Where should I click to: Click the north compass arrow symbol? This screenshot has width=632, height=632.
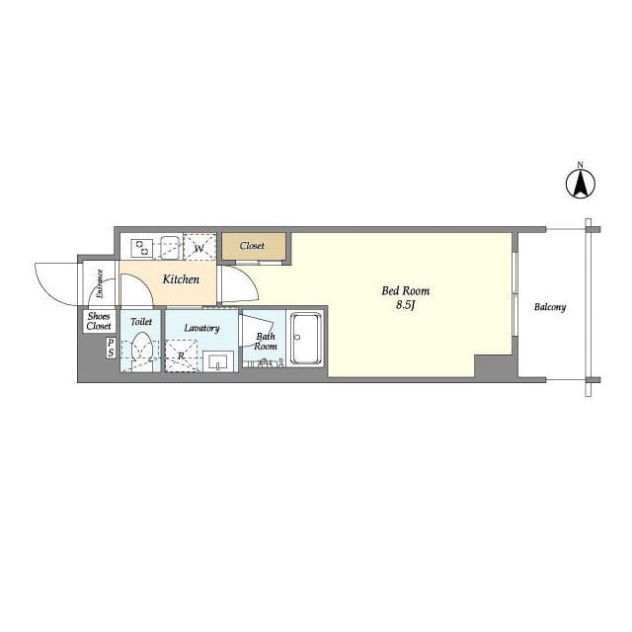point(581,184)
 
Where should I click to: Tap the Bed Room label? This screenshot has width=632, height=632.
point(406,291)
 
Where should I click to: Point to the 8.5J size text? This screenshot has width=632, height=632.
point(406,305)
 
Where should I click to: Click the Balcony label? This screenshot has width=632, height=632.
point(550,307)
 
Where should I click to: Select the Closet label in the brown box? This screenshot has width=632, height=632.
point(252,246)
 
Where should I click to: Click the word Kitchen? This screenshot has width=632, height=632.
point(181,278)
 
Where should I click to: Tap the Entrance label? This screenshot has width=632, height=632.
point(100,283)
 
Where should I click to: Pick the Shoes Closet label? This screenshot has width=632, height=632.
point(99,321)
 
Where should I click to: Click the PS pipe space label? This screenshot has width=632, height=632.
point(111,349)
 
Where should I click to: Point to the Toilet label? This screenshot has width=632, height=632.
point(141,322)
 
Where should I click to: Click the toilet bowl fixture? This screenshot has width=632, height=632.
point(141,351)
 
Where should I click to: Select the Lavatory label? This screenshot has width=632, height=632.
point(201,328)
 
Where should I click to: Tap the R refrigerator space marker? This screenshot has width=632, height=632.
point(181,355)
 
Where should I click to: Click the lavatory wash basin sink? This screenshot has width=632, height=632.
point(218,360)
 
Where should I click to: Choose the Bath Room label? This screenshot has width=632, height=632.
point(266,341)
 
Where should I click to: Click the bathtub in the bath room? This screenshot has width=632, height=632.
point(306,339)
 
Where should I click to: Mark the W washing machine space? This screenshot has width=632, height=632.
point(199,247)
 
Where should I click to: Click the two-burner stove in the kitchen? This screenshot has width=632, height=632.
point(142,248)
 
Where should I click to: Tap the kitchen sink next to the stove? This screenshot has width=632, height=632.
point(170,247)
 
